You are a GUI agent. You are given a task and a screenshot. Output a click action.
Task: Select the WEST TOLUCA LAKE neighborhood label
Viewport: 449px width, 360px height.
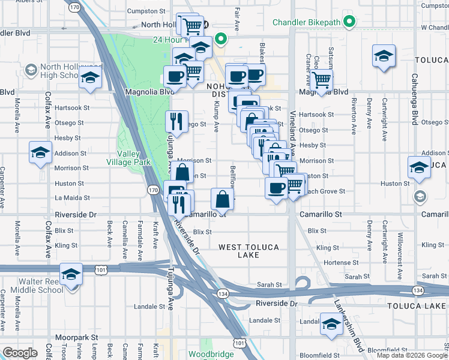coord(247,251)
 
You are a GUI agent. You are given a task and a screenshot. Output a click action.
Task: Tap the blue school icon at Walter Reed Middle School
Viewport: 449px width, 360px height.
coord(71,275)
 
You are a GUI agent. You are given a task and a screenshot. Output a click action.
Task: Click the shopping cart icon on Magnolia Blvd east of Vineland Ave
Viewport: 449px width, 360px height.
coord(322,79)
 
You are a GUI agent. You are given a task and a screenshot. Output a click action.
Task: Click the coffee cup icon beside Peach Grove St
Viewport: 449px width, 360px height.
coord(276,188)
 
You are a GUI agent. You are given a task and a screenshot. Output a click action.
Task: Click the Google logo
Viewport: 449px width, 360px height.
coord(20,352)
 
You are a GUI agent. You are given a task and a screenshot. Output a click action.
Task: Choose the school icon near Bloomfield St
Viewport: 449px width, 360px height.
coord(331,324)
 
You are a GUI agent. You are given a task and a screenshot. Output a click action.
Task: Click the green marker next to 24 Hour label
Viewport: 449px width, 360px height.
coord(220,40)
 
